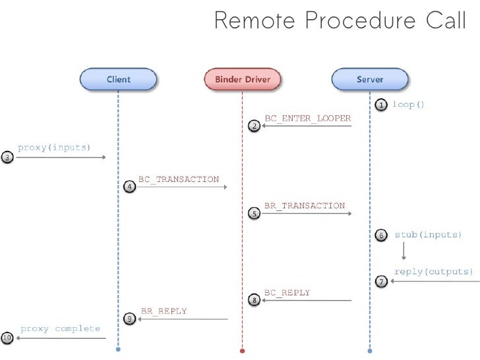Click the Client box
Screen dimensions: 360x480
(x=119, y=80)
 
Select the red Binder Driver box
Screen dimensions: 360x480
(x=242, y=80)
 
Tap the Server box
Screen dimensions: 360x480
(x=370, y=80)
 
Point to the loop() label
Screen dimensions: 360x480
(x=409, y=104)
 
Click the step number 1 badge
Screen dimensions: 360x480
(x=381, y=105)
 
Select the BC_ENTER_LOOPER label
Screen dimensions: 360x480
(x=307, y=117)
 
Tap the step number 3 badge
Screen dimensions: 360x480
(x=7, y=158)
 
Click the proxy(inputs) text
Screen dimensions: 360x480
(x=53, y=147)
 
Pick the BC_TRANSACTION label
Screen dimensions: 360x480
(x=178, y=179)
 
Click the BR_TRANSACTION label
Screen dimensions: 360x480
(x=305, y=206)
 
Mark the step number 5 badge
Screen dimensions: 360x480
(x=255, y=214)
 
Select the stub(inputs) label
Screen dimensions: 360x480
(x=428, y=235)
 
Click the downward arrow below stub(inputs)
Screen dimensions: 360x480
(x=404, y=251)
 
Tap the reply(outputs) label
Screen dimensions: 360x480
(x=433, y=272)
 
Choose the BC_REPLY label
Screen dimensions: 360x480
(x=287, y=293)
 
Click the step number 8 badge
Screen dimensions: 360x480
(x=255, y=301)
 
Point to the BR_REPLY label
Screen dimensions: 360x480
(x=164, y=311)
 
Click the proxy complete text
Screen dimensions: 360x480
(x=60, y=328)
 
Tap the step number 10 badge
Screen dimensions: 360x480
(x=7, y=338)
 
